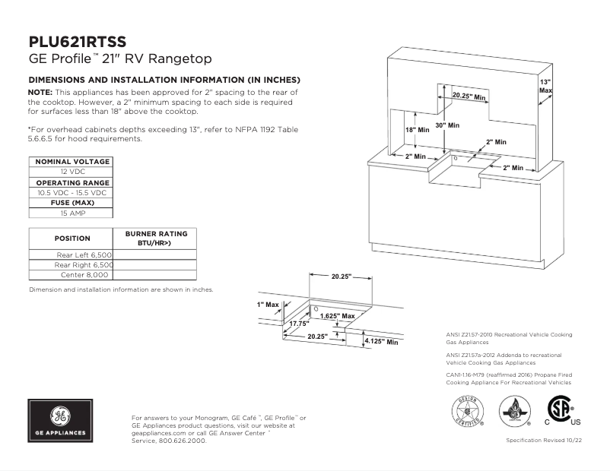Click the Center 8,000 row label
[90, 275]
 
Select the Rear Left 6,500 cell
[84, 254]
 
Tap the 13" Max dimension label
[545, 86]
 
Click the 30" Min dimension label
[447, 125]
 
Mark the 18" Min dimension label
[417, 130]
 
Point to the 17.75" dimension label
[299, 324]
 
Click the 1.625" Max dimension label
[337, 315]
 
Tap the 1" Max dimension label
[268, 305]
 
